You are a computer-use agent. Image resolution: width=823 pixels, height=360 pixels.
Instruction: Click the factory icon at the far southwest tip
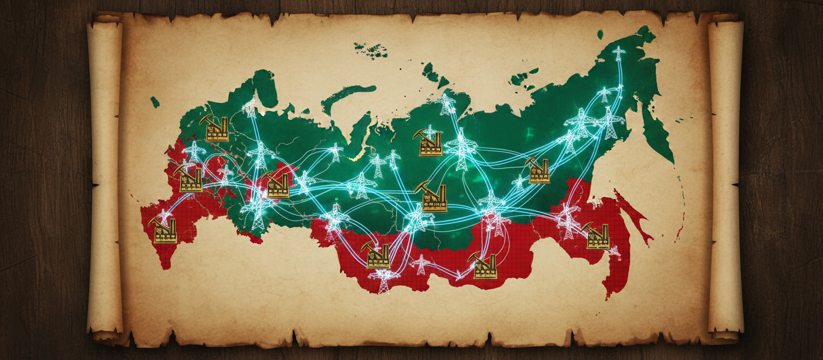[x=165, y=231]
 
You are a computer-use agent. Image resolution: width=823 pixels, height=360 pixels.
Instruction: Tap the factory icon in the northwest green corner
[x=216, y=129]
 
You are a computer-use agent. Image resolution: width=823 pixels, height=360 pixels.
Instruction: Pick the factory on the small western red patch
[x=278, y=185]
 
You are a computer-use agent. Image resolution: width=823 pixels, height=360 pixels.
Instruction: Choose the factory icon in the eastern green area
[x=539, y=171]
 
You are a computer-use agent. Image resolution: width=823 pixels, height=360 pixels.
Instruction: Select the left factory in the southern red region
[x=378, y=256]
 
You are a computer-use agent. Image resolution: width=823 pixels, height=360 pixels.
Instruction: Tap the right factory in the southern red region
[x=484, y=266]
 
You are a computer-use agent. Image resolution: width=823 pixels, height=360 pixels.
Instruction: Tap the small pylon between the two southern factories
[x=421, y=264]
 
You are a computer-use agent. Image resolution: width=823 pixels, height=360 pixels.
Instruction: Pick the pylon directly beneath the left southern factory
[x=384, y=281]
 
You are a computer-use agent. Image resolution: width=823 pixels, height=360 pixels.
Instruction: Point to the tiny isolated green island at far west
[x=155, y=101]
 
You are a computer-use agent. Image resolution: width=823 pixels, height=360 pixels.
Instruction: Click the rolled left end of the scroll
[x=105, y=177]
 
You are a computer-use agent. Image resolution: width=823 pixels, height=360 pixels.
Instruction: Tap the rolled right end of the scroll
[x=726, y=177]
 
